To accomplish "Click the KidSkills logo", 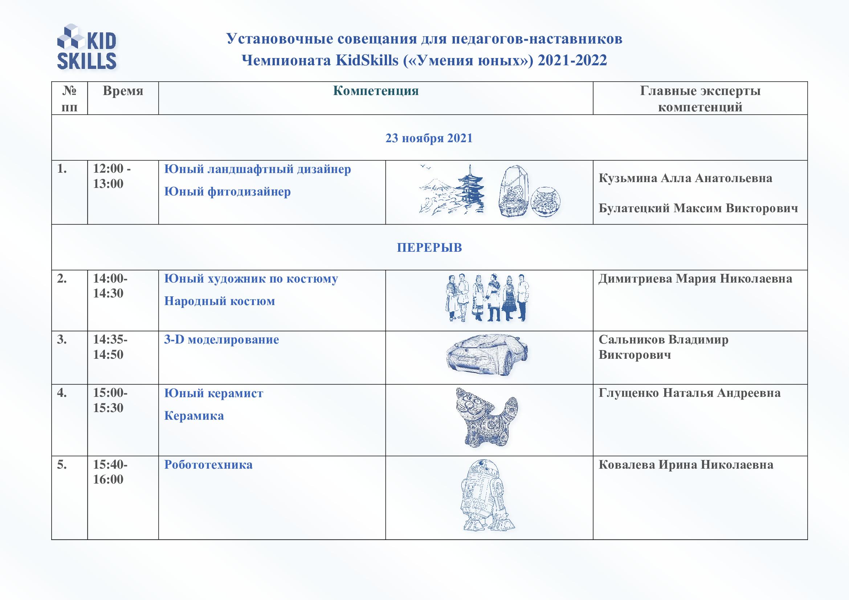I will coord(86,47).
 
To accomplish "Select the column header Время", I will coord(123,91).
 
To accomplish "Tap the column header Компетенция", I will coord(376,91).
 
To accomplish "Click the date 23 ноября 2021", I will coord(429,138).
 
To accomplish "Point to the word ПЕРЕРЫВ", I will coord(429,247).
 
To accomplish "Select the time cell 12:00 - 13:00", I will coord(111,176).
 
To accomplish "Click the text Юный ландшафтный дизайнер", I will coord(257,169).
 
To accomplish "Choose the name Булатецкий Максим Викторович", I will coord(698,208).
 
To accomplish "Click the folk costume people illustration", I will coord(487,297).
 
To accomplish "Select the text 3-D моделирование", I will coord(221,340).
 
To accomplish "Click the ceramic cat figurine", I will coord(486,418).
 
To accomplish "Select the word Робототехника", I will coord(208,464).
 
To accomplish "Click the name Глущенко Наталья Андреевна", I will coord(689,393).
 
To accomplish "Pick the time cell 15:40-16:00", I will coord(110,472).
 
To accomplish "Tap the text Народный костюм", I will coord(219,301).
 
